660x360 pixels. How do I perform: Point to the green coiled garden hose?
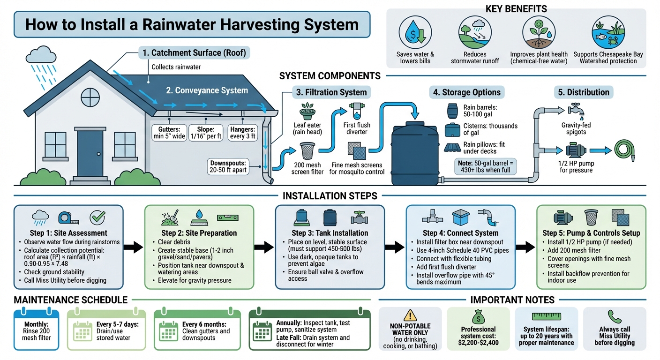[x=626, y=151]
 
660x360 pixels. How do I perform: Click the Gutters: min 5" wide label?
[x=167, y=133]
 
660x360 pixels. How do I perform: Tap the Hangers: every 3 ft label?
[x=242, y=133]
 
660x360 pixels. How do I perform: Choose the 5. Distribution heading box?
[x=583, y=92]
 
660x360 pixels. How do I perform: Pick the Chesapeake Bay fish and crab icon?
[x=608, y=33]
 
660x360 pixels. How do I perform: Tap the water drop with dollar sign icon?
[x=415, y=33]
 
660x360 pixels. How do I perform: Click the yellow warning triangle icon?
[x=410, y=315]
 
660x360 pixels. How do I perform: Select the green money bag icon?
[x=478, y=316]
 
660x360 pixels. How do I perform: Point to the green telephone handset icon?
[x=614, y=316]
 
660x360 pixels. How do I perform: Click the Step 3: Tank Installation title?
[x=330, y=233]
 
